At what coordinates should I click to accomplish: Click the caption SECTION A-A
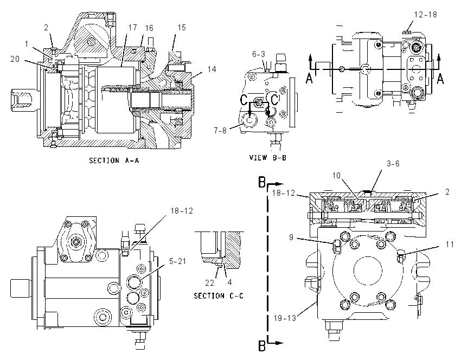coord(114,160)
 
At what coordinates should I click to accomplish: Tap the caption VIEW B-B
coord(267,158)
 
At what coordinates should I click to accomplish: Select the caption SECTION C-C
coord(219,296)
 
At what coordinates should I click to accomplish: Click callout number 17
coord(132,27)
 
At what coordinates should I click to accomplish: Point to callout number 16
coord(149,28)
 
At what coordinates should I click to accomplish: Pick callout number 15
coord(182,27)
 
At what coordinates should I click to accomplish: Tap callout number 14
coord(212,69)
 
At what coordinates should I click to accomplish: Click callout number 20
coord(15,59)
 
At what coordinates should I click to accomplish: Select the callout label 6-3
coord(258,54)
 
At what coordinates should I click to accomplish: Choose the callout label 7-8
coord(220,130)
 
